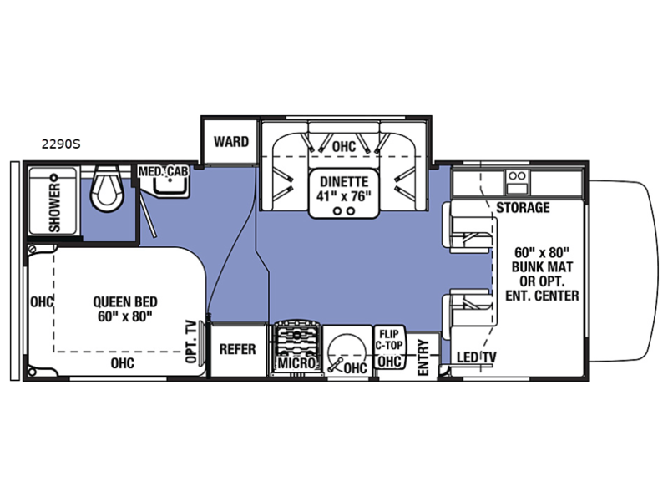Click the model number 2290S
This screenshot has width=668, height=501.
[60, 144]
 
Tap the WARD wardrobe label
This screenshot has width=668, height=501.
[231, 141]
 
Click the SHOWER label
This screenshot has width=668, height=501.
[55, 208]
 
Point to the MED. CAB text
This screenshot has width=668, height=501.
[163, 171]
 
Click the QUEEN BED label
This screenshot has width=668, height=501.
[125, 301]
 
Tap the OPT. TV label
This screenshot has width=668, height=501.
[192, 342]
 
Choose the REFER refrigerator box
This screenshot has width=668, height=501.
[238, 349]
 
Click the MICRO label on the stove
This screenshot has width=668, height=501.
[297, 363]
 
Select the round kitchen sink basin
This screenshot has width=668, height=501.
[347, 352]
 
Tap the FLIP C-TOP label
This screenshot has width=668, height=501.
[389, 340]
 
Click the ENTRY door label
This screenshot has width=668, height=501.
[423, 357]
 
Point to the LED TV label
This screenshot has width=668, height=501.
[477, 357]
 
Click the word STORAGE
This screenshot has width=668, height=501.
[523, 207]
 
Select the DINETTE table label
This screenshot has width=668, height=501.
[344, 181]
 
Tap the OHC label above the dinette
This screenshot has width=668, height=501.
[344, 147]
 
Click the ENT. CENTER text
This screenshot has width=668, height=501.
[542, 296]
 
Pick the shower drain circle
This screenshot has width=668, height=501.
[54, 177]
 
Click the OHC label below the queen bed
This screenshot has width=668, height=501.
[122, 363]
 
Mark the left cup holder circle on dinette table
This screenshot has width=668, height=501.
[337, 211]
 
